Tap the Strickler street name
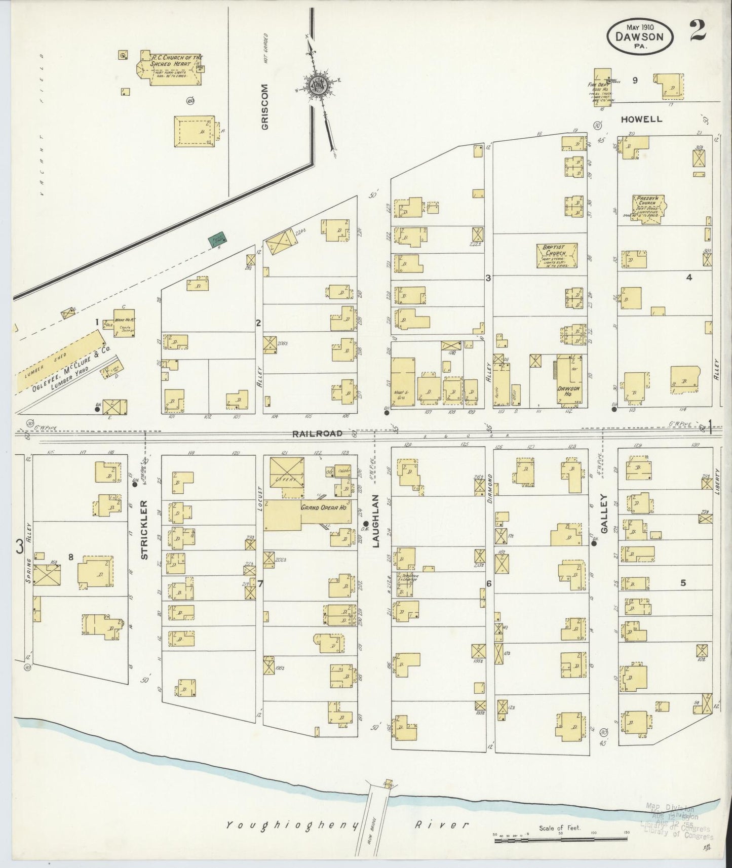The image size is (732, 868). [144, 530]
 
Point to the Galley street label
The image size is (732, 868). [603, 514]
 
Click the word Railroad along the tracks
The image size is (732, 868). [317, 433]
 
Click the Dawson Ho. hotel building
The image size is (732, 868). [570, 380]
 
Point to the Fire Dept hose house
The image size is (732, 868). [602, 87]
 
